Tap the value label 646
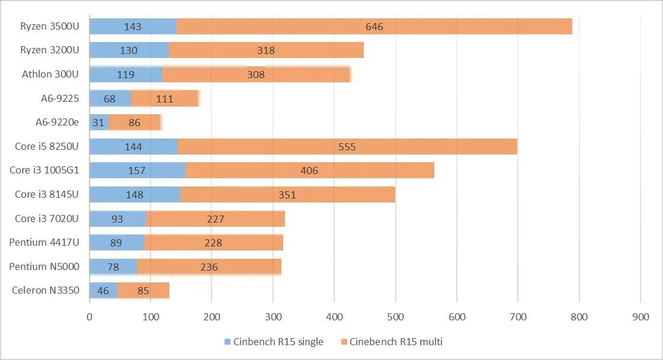coord(374,27)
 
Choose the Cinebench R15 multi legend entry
coord(396,342)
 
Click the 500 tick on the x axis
coord(395,317)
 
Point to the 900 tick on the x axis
coord(640,317)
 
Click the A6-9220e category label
coord(57,122)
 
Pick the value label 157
coord(137,171)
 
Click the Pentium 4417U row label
coord(44,242)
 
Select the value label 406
coord(309,171)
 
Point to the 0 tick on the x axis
coord(89,317)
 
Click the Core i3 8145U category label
coord(47,194)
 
